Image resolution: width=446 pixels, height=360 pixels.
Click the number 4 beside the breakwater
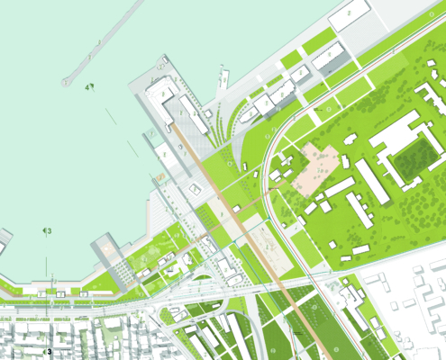coord(87,87)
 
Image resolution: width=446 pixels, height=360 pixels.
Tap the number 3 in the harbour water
coord(50,231)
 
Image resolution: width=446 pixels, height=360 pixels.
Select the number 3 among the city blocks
coord(50,351)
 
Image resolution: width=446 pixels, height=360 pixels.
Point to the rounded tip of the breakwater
coord(67,82)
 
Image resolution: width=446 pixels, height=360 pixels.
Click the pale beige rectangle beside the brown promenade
coord(266,242)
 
